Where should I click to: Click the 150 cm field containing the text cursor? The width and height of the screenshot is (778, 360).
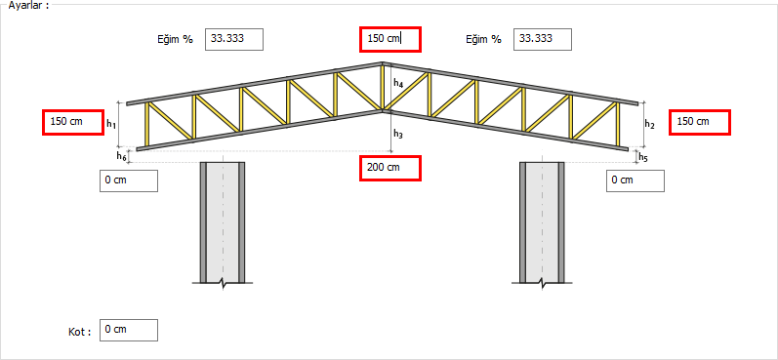(x=390, y=39)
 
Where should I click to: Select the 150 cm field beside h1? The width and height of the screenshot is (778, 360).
(x=73, y=122)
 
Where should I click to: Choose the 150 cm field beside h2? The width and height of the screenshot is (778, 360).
(x=700, y=122)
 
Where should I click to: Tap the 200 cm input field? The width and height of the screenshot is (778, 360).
(x=390, y=168)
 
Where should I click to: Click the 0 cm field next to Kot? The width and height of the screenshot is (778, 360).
(x=129, y=331)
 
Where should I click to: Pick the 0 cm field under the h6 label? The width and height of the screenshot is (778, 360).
(x=129, y=180)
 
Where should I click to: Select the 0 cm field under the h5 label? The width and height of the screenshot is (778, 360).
(x=635, y=180)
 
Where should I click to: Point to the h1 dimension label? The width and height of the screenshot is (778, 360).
(x=111, y=125)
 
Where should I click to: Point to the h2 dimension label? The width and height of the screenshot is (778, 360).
(x=650, y=125)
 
